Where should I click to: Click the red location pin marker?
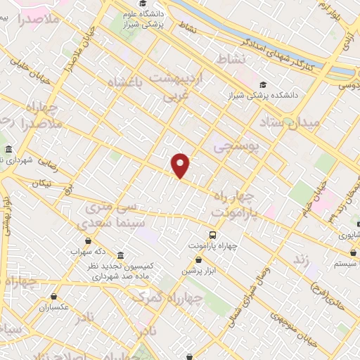click(181, 165)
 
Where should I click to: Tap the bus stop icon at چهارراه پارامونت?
click(212, 235)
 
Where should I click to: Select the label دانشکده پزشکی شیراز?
click(290, 94)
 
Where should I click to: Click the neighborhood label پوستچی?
click(236, 146)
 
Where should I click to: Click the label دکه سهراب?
click(89, 250)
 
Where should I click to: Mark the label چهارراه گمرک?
click(167, 298)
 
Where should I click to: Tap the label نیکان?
click(42, 184)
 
